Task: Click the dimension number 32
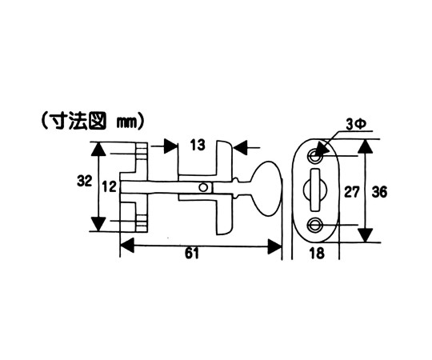84,181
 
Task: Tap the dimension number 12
110,187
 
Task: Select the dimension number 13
198,145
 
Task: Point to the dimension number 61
192,253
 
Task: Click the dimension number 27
352,192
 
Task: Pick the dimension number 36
379,192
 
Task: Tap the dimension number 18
317,253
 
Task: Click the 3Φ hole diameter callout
356,125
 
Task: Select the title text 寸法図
75,121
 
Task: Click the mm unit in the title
127,122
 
